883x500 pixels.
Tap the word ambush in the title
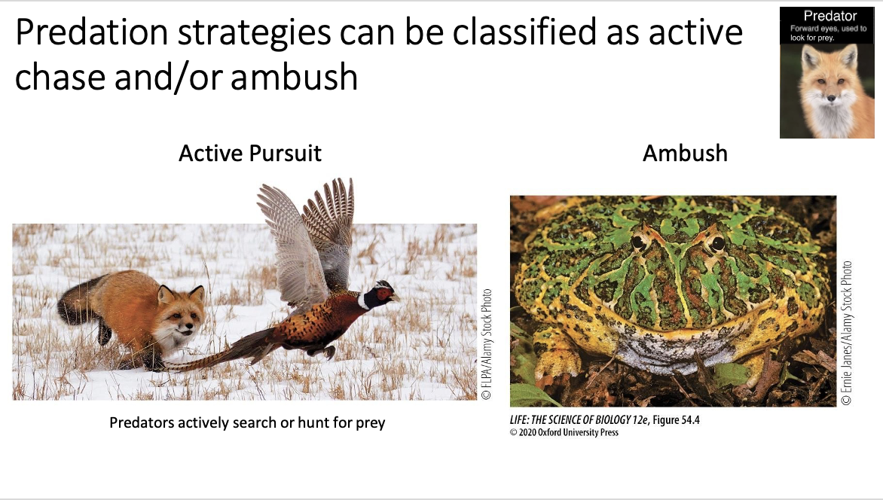point(295,77)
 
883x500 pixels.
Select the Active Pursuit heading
point(250,154)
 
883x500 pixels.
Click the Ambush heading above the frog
point(685,154)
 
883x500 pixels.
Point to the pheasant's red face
point(384,292)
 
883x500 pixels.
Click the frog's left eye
point(640,242)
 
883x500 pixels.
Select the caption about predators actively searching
point(247,422)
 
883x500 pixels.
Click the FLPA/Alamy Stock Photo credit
point(487,343)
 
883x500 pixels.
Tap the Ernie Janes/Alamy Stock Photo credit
point(847,333)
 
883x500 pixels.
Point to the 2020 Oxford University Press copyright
point(564,432)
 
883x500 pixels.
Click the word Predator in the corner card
point(830,16)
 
